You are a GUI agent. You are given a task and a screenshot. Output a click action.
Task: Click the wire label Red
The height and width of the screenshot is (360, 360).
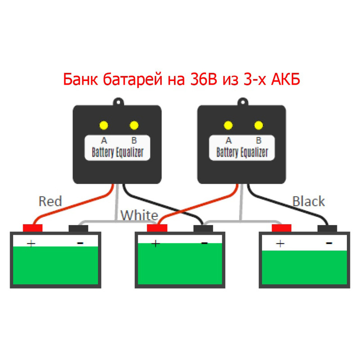pyautogui.click(x=50, y=201)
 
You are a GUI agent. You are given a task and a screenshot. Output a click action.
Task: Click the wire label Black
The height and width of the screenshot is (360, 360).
pyautogui.click(x=309, y=201)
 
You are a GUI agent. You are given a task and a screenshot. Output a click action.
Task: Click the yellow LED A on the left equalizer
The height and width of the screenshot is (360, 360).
pyautogui.click(x=104, y=125)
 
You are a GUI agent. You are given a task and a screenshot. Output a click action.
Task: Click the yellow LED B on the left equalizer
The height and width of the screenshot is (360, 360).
pyautogui.click(x=134, y=125)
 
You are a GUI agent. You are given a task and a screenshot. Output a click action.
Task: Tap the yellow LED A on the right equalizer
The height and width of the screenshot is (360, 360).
pyautogui.click(x=229, y=125)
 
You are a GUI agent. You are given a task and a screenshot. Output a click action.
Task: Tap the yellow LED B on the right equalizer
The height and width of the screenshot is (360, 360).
pyautogui.click(x=258, y=125)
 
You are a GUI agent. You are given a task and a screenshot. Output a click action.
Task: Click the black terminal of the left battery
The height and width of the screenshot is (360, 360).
pyautogui.click(x=78, y=228)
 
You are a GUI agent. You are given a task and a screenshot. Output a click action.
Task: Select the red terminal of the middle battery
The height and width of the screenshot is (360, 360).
pyautogui.click(x=157, y=228)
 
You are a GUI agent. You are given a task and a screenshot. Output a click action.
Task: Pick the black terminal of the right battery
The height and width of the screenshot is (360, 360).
pyautogui.click(x=327, y=228)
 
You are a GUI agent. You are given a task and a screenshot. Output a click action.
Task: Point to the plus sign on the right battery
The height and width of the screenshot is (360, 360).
pyautogui.click(x=280, y=243)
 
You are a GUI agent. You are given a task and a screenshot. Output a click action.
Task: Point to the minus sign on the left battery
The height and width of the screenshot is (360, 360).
pyautogui.click(x=80, y=243)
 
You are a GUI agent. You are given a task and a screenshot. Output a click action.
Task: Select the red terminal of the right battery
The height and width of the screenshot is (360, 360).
pyautogui.click(x=282, y=228)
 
